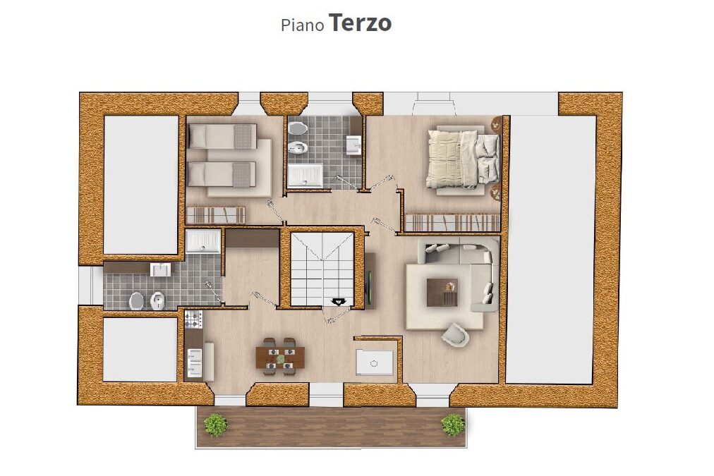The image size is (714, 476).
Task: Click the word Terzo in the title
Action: [x=360, y=23]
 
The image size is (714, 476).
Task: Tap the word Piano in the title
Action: [x=303, y=25]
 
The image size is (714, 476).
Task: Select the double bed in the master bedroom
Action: [x=464, y=159]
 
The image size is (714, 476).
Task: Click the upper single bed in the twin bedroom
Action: [x=222, y=136]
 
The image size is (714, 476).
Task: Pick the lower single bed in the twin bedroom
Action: [x=222, y=174]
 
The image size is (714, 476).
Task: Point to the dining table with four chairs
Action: [x=279, y=356]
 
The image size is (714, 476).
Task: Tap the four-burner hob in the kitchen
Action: [x=193, y=319]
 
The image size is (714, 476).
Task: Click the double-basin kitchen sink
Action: [x=195, y=362]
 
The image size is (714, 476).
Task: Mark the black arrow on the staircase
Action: [x=339, y=302]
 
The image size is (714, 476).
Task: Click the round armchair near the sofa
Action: [x=455, y=334]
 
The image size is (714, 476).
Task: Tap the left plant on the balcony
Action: [x=215, y=425]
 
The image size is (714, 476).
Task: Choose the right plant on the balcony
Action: [x=453, y=425]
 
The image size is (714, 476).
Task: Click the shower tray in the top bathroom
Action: [x=305, y=176]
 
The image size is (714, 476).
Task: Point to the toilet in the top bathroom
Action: [x=298, y=128]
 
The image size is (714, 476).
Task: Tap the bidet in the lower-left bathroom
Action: [x=157, y=300]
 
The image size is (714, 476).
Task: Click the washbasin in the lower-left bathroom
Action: [x=160, y=269]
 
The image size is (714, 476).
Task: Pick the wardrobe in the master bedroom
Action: [x=453, y=223]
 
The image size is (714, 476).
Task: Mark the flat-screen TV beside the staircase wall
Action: [x=370, y=281]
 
